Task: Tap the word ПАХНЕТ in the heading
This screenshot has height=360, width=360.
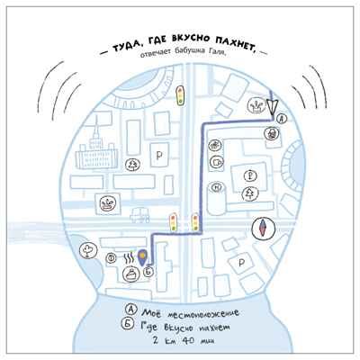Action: (234, 45)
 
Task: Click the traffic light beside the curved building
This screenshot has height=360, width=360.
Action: (180, 95)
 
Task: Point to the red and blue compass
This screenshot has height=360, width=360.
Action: (263, 228)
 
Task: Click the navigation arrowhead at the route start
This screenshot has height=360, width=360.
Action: (273, 107)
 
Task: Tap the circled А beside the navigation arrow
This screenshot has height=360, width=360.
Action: (281, 119)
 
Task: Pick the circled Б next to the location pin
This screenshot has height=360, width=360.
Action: (148, 272)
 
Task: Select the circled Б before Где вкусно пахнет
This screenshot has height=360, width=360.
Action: (128, 324)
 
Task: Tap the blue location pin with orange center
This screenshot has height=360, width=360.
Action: (142, 257)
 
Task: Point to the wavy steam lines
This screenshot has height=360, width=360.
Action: (130, 257)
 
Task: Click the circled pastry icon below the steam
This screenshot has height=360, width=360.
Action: (130, 274)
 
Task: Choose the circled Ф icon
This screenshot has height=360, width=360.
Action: (112, 258)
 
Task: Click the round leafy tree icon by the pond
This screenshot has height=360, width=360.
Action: (88, 250)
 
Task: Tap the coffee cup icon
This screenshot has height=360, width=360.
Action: (217, 163)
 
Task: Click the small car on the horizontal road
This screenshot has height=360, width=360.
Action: (140, 216)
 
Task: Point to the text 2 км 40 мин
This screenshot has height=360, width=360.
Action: (183, 341)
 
